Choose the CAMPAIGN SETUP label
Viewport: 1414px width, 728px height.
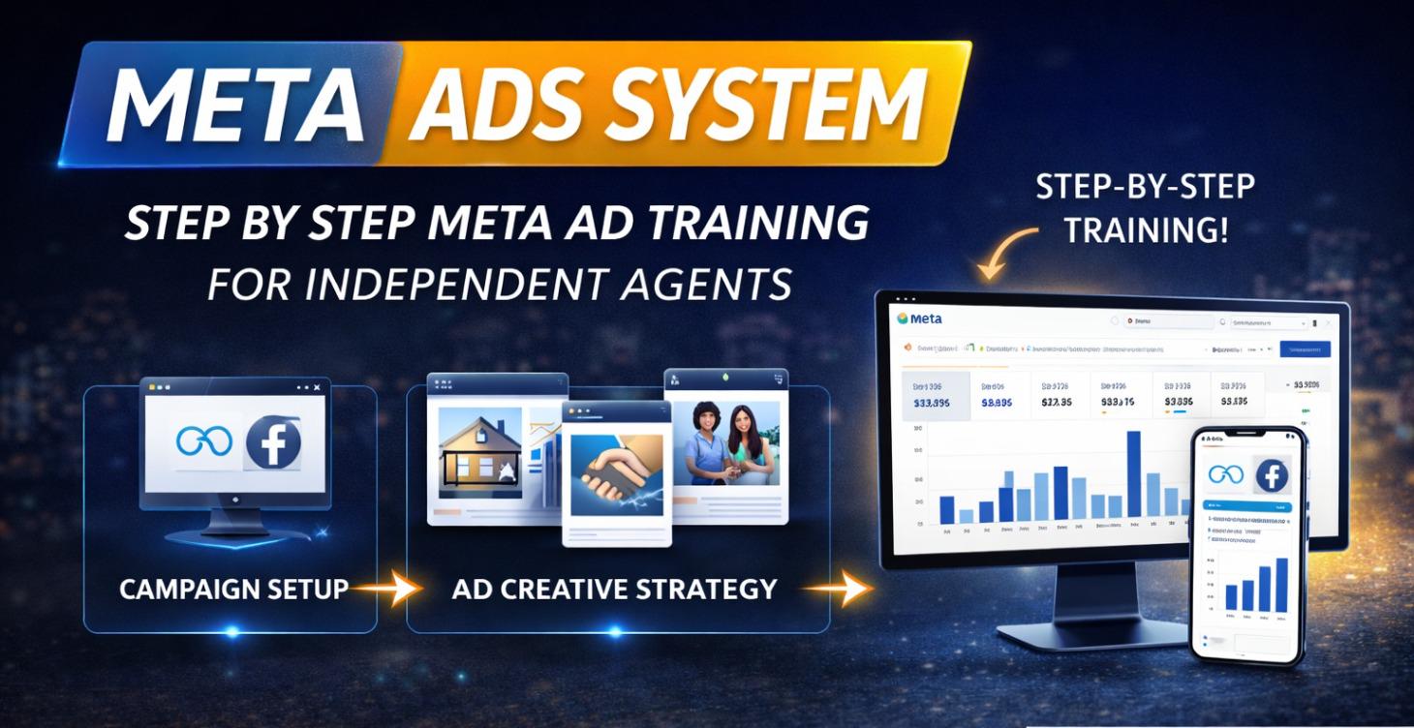tap(233, 588)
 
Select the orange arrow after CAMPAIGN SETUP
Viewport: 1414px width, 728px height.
tap(386, 588)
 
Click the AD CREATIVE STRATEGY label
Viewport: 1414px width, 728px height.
tap(614, 588)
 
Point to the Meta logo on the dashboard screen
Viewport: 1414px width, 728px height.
tap(920, 318)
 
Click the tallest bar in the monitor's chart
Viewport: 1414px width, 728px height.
tap(1134, 473)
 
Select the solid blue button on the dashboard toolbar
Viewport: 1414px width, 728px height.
tap(1305, 349)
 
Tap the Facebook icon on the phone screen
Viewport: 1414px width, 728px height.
tap(1271, 475)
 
